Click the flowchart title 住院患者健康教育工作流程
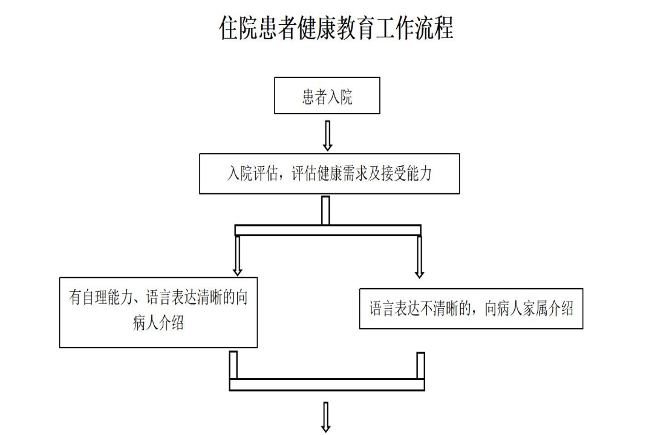point(336,28)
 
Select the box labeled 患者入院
point(327,95)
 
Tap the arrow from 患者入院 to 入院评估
point(327,135)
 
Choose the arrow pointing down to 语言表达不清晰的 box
point(419,257)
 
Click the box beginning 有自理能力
point(158,312)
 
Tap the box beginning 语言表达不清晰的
point(471,309)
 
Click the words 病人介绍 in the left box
point(158,323)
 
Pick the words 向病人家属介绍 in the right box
point(529,309)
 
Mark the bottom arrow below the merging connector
point(326,417)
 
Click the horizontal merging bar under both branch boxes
point(327,384)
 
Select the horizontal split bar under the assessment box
point(327,230)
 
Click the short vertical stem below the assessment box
point(325,210)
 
